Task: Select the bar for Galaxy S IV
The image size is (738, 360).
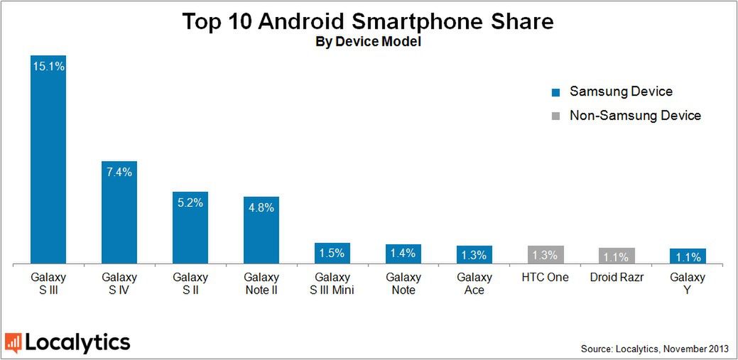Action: (119, 213)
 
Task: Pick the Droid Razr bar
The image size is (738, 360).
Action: (617, 256)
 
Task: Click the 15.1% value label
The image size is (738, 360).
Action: (48, 66)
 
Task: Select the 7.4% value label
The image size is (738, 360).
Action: (119, 173)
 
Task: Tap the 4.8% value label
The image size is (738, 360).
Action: (261, 207)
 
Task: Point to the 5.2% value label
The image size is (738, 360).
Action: (190, 202)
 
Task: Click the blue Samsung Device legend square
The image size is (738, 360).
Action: (555, 92)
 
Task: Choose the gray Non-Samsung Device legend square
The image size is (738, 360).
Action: (555, 116)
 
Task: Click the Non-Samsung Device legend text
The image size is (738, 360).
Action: (635, 115)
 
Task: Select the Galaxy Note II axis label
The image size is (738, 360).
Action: (261, 283)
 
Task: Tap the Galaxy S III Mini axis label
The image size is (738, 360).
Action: (332, 283)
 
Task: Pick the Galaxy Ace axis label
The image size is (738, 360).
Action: (474, 283)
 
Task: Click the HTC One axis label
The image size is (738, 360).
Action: (546, 278)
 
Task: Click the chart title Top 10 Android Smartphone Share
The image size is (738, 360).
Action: (368, 21)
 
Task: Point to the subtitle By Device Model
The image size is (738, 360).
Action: (368, 43)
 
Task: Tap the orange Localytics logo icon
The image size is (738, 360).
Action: (13, 343)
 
